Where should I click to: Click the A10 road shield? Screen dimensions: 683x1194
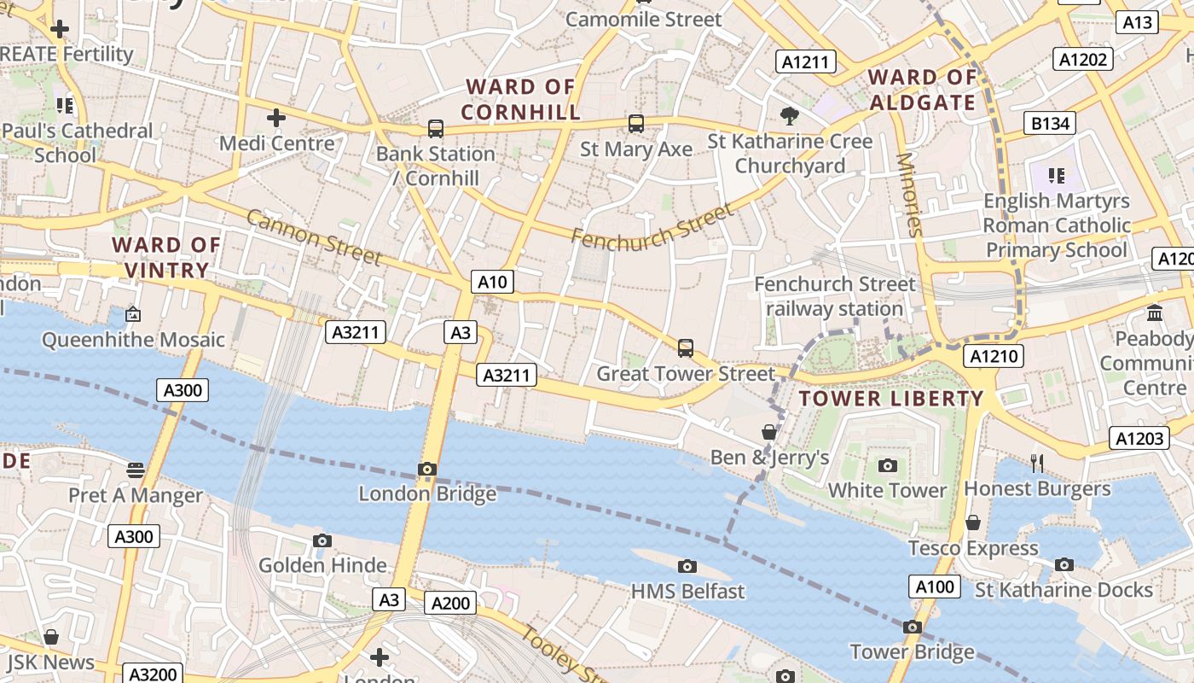pyautogui.click(x=493, y=282)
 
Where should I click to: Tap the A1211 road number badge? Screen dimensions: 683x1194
pyautogui.click(x=806, y=61)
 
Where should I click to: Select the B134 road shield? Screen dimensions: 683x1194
pyautogui.click(x=1050, y=123)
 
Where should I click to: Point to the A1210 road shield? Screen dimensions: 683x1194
pyautogui.click(x=994, y=355)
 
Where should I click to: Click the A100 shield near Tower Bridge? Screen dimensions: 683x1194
pyautogui.click(x=935, y=587)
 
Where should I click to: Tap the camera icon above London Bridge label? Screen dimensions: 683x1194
pyautogui.click(x=427, y=469)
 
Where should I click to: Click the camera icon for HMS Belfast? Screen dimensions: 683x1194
pyautogui.click(x=687, y=566)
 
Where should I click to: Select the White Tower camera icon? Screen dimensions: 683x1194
pyautogui.click(x=888, y=465)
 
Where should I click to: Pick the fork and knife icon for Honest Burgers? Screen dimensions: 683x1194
pyautogui.click(x=1037, y=463)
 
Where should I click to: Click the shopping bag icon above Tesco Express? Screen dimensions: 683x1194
pyautogui.click(x=973, y=522)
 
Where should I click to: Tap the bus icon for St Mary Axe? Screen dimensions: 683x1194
pyautogui.click(x=636, y=124)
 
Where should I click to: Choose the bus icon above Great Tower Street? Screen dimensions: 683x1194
pyautogui.click(x=686, y=348)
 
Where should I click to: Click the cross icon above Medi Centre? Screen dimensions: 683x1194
pyautogui.click(x=275, y=118)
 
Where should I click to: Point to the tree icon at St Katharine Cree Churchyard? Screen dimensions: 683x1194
pyautogui.click(x=790, y=115)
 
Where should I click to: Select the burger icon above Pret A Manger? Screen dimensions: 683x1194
pyautogui.click(x=136, y=470)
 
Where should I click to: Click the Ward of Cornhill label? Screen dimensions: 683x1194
pyautogui.click(x=520, y=99)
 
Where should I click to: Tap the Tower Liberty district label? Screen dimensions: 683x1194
pyautogui.click(x=891, y=398)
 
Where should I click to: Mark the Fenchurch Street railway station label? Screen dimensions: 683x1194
pyautogui.click(x=835, y=296)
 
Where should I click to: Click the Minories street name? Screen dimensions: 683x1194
pyautogui.click(x=909, y=194)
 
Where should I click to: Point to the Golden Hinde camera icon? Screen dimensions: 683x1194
pyautogui.click(x=322, y=540)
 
